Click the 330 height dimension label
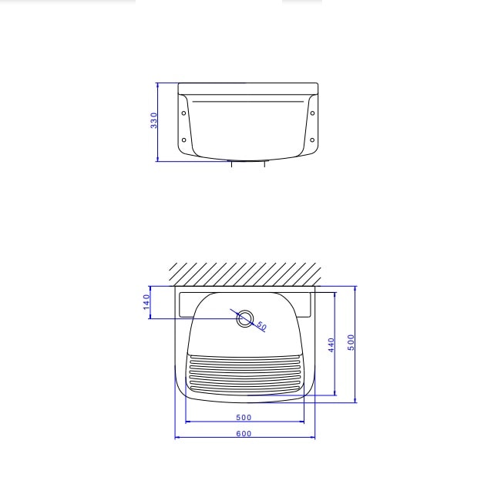tap(154, 120)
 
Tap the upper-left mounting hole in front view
tap(183, 113)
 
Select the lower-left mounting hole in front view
tap(183, 140)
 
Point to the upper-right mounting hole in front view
tap(312, 113)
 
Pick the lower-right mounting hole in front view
tap(312, 140)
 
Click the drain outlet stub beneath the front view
tap(247, 163)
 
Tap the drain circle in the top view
tap(245, 318)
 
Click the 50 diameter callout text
tap(262, 327)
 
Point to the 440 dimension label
tap(331, 344)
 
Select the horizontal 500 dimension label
tap(244, 417)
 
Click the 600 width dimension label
tap(244, 433)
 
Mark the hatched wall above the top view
tap(245, 274)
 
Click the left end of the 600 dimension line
tap(176, 438)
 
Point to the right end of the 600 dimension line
tap(314, 438)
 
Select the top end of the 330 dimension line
tap(157, 83)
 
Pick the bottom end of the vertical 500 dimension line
tap(356, 402)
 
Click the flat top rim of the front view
tap(247, 86)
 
